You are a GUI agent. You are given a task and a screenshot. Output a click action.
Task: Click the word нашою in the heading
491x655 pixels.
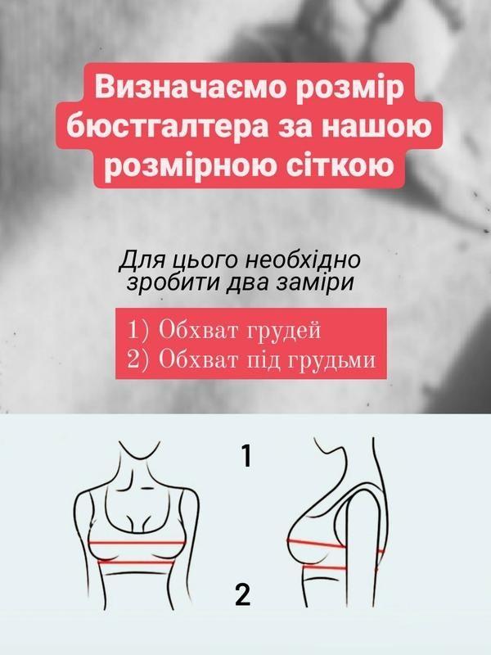pyautogui.click(x=379, y=127)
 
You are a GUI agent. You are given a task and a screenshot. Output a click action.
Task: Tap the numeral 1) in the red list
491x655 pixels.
pyautogui.click(x=138, y=331)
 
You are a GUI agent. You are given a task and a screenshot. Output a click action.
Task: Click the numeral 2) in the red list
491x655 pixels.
pyautogui.click(x=138, y=359)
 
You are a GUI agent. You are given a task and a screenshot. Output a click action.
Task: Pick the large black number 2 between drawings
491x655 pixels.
pyautogui.click(x=243, y=595)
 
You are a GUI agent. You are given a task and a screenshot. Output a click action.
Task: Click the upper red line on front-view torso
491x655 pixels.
pyautogui.click(x=137, y=543)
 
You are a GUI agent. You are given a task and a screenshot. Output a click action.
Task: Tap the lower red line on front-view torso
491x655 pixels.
pyautogui.click(x=136, y=562)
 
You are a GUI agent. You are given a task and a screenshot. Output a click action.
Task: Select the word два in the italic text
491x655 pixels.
pyautogui.click(x=245, y=282)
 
